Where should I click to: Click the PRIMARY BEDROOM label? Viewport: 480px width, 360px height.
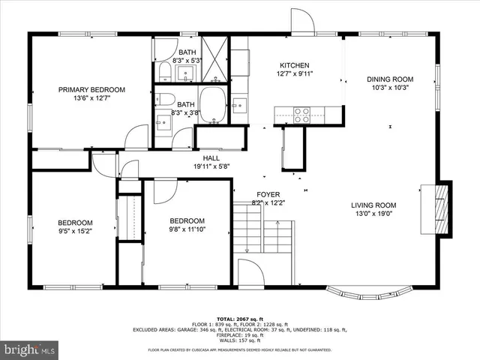coord(91,89)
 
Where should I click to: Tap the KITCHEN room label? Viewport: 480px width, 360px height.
coord(294,65)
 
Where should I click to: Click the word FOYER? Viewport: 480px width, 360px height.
coord(268,194)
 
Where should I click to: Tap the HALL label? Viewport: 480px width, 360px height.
coord(211,158)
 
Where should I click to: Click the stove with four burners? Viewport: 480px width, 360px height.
coord(301,115)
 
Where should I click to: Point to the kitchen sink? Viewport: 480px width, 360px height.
coord(240,104)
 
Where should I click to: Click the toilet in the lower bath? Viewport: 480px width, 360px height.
coord(166,98)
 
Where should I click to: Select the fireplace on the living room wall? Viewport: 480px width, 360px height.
coord(442,208)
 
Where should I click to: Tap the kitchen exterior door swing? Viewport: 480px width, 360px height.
coord(302,22)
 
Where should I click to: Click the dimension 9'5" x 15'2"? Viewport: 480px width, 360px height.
coord(76,232)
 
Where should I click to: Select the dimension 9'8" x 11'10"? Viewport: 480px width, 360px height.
coord(187,229)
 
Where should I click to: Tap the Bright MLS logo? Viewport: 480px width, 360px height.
coord(30,349)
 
